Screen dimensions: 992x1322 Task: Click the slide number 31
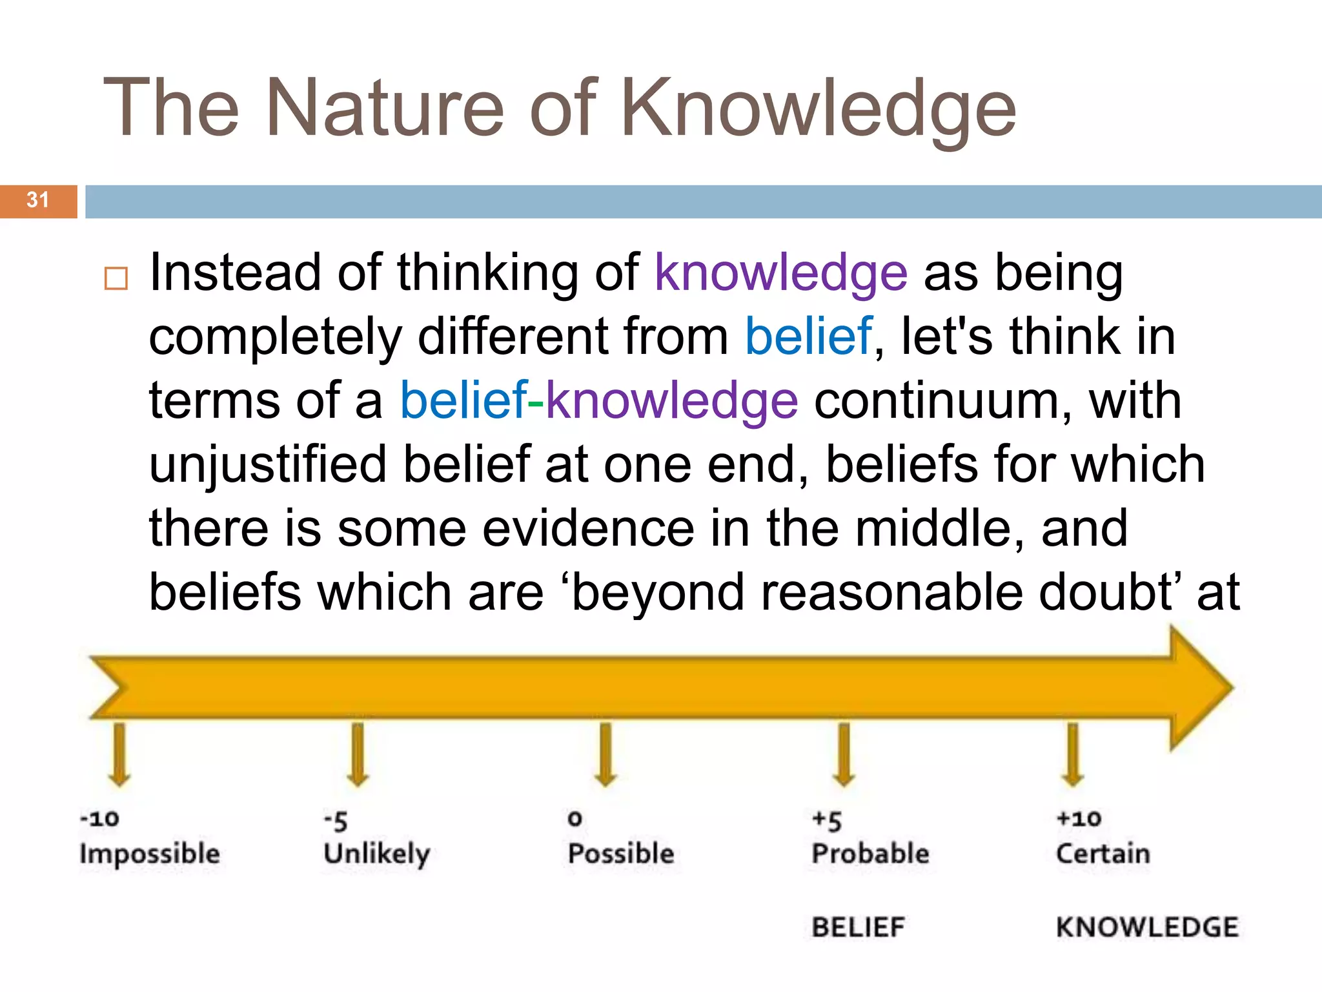tap(37, 200)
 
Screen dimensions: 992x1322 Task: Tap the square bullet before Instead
tap(116, 278)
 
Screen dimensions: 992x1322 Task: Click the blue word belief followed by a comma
tap(808, 337)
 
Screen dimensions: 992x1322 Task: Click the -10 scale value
tap(99, 819)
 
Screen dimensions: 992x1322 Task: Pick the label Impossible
tap(150, 854)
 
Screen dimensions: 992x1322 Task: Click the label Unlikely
tap(377, 854)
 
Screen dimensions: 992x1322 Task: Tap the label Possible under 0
tap(621, 854)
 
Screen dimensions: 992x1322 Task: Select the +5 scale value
tap(827, 820)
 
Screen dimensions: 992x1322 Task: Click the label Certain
tap(1103, 854)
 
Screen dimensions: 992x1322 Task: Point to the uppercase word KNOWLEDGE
tap(1147, 927)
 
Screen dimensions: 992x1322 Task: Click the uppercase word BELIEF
tap(859, 927)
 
